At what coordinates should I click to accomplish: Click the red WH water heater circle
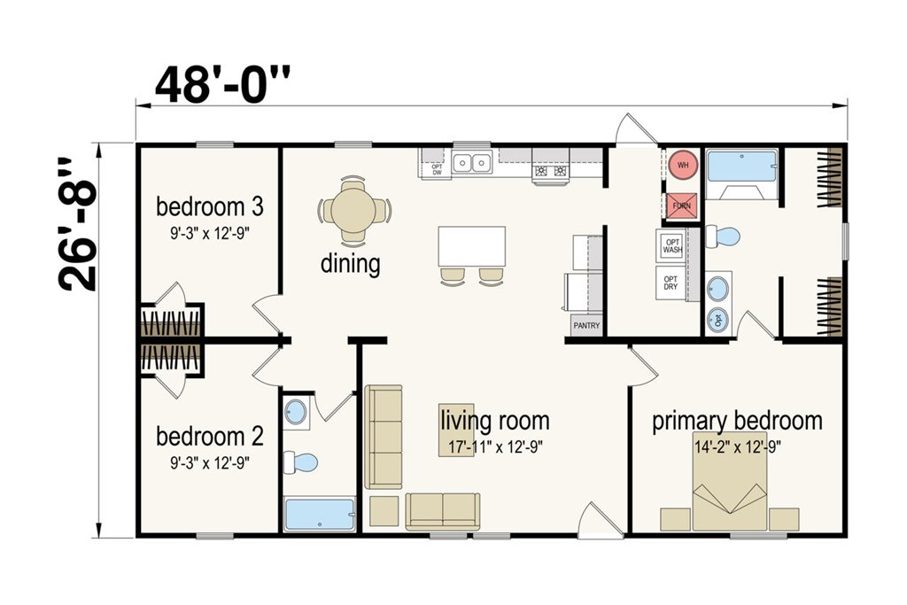click(683, 165)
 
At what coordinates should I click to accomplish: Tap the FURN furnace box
click(683, 206)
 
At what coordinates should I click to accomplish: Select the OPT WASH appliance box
click(671, 246)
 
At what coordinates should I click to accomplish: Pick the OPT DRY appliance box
click(671, 283)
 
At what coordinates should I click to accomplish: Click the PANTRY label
click(586, 326)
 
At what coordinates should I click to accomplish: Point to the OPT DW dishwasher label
click(438, 169)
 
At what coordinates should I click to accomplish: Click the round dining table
click(353, 208)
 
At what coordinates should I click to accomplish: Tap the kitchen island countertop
click(472, 247)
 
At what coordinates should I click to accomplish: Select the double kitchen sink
click(472, 162)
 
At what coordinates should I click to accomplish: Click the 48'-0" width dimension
click(222, 85)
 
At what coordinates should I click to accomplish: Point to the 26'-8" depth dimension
click(78, 223)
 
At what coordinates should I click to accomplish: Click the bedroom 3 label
click(210, 206)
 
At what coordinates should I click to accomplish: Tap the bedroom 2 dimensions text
click(210, 463)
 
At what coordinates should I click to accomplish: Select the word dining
click(351, 264)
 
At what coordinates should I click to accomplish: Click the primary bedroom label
click(738, 421)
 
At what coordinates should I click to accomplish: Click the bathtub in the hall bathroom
click(320, 514)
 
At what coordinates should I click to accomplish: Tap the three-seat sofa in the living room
click(383, 438)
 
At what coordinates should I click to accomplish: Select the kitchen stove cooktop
click(551, 171)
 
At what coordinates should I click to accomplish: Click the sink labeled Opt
click(718, 319)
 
